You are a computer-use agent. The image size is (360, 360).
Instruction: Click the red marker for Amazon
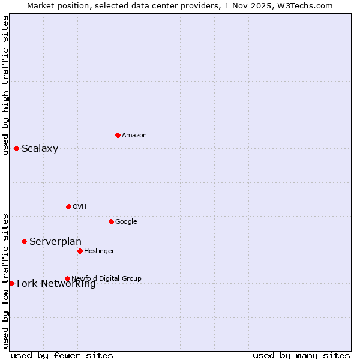tap(118, 135)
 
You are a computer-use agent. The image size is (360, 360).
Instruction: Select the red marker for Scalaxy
tap(16, 148)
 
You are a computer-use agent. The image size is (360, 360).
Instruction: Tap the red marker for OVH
tap(68, 206)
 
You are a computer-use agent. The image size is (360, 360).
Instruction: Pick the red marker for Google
tap(111, 221)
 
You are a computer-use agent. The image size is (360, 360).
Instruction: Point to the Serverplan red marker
tap(24, 241)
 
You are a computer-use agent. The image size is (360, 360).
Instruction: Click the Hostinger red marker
tap(80, 251)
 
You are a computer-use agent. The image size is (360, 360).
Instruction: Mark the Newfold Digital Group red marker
tap(67, 278)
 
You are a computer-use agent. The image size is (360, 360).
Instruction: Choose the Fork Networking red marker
tap(11, 283)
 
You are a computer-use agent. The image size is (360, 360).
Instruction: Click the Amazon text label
tap(134, 136)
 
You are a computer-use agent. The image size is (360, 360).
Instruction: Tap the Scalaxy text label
tap(40, 149)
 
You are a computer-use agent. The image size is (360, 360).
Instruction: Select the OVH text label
tap(79, 207)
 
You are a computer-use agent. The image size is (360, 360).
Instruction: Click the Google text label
tap(126, 222)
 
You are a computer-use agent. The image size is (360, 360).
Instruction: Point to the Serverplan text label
tap(55, 242)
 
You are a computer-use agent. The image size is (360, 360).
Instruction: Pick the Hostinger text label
tap(99, 251)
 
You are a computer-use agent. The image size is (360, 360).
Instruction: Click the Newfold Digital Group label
tap(106, 278)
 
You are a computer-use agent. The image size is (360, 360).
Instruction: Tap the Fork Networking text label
tap(56, 284)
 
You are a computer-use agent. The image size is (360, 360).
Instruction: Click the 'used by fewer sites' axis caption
tap(62, 355)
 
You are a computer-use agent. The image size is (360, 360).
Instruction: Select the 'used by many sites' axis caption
tap(301, 355)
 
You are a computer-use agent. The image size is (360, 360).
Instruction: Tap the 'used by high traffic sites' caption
tap(5, 85)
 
